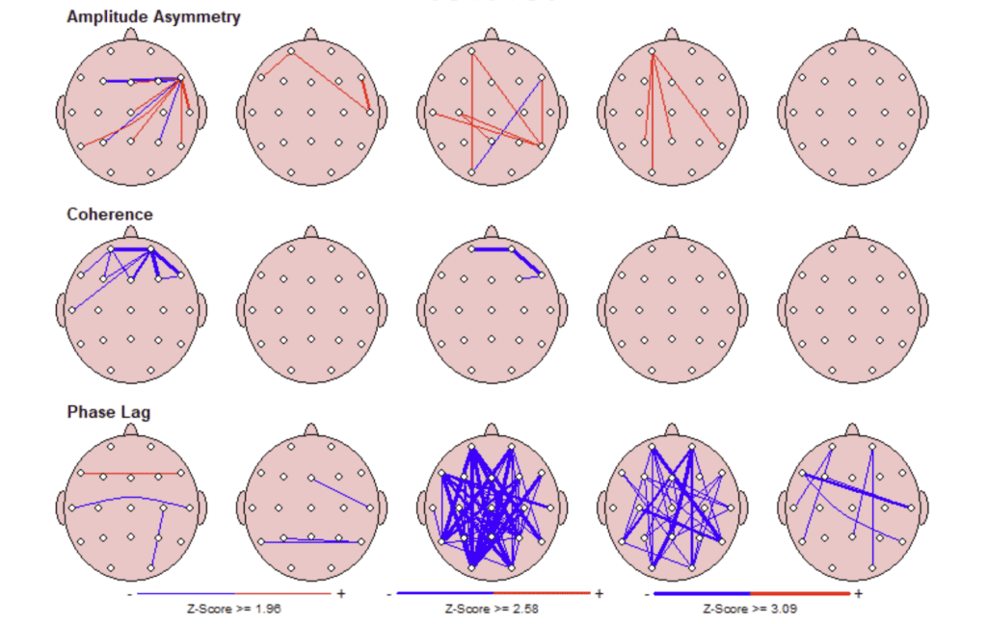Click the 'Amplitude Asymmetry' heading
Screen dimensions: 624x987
pyautogui.click(x=153, y=16)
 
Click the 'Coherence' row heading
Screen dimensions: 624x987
pyautogui.click(x=109, y=214)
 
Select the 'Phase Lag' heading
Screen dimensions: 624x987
pyautogui.click(x=108, y=411)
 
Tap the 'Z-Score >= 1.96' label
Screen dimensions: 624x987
pyautogui.click(x=235, y=609)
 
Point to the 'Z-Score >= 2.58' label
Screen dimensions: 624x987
pyautogui.click(x=493, y=609)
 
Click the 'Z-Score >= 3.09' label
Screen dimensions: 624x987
pyautogui.click(x=751, y=609)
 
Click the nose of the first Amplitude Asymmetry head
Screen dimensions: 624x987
pyautogui.click(x=131, y=36)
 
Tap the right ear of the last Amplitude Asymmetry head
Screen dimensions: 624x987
pyautogui.click(x=923, y=112)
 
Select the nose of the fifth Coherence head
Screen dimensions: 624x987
pyautogui.click(x=852, y=232)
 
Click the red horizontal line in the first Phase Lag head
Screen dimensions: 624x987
pyautogui.click(x=130, y=474)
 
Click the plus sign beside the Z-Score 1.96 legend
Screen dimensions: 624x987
pyautogui.click(x=340, y=594)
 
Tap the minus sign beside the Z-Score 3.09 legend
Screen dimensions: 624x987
pyautogui.click(x=647, y=594)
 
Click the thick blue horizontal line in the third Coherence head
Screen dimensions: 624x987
pyautogui.click(x=492, y=248)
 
